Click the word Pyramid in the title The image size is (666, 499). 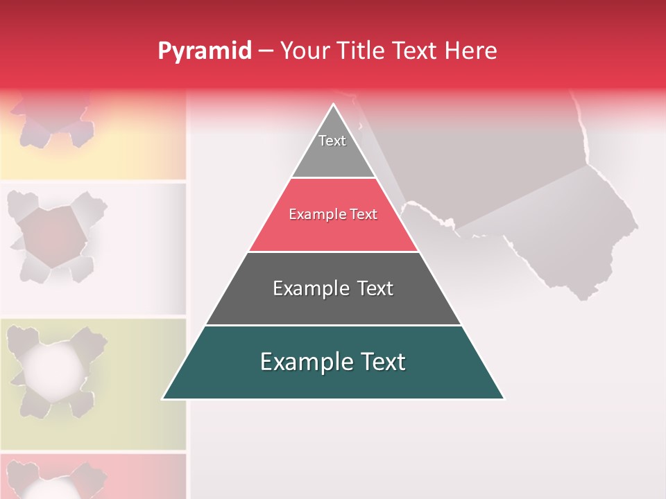tap(205, 51)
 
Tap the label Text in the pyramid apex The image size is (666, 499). tap(332, 141)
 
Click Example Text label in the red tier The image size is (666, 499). tap(333, 214)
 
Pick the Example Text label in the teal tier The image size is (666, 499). tap(333, 362)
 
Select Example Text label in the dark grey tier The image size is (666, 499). tap(333, 288)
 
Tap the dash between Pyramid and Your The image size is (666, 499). tap(265, 51)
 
